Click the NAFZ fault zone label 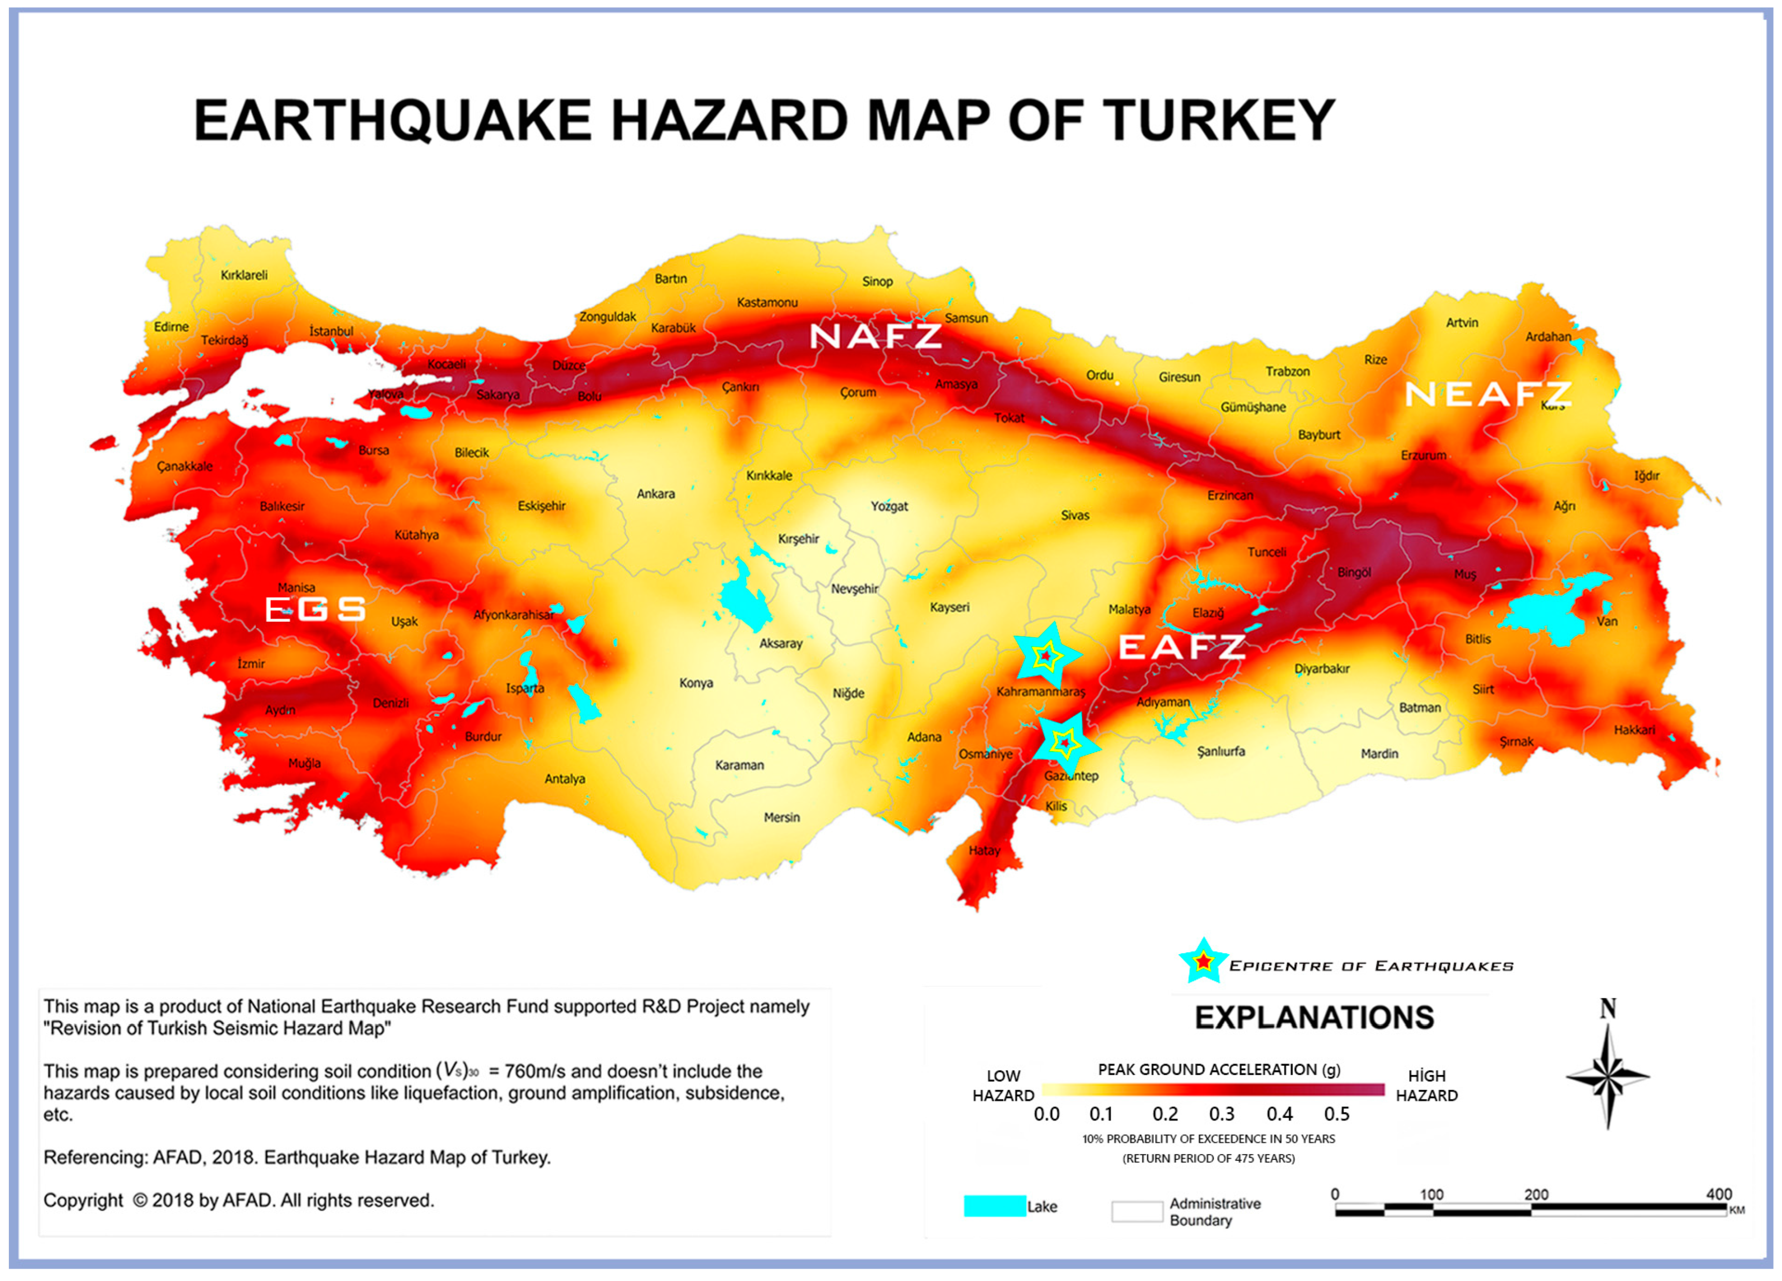pyautogui.click(x=875, y=337)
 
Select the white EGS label pyautogui.click(x=315, y=609)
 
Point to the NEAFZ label pyautogui.click(x=1488, y=395)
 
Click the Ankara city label pyautogui.click(x=655, y=494)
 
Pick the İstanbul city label pyautogui.click(x=331, y=331)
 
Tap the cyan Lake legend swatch pyautogui.click(x=994, y=1206)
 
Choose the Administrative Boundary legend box pyautogui.click(x=1136, y=1211)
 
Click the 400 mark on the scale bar pyautogui.click(x=1718, y=1194)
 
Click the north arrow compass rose pyautogui.click(x=1608, y=1077)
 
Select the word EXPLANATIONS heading pyautogui.click(x=1314, y=1018)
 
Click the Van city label pyautogui.click(x=1607, y=621)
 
